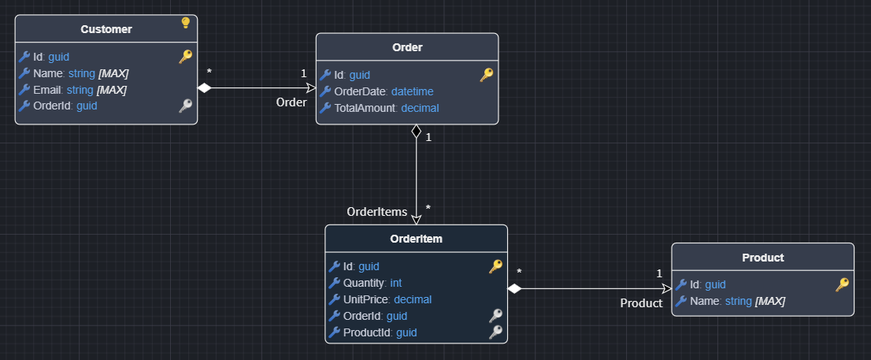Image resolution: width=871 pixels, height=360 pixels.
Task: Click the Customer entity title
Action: pos(106,30)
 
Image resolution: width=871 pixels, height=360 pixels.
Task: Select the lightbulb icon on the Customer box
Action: pos(186,23)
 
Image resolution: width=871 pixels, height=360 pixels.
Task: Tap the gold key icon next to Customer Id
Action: pos(185,57)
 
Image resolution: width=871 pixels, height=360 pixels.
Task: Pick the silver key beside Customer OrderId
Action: pos(185,106)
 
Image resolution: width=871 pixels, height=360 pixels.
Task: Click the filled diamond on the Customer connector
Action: pos(205,88)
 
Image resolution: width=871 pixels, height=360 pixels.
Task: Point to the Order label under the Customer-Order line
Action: pos(291,102)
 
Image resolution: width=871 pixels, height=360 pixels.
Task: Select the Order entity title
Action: pos(407,47)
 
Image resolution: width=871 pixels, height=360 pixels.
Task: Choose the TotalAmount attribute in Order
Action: pos(386,108)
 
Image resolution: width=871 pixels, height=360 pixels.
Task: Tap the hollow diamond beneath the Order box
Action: pos(416,132)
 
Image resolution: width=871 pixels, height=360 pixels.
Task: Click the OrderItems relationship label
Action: pos(377,212)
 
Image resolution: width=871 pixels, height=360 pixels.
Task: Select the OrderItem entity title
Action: pos(416,239)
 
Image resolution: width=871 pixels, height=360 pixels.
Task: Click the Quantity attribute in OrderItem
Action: pos(372,283)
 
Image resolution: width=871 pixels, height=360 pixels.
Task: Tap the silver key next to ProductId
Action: pos(495,332)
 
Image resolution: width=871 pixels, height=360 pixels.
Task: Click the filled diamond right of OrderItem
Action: pos(514,289)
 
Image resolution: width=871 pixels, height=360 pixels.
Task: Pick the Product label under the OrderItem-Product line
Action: pos(641,303)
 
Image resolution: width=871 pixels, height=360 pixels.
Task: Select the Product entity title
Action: pos(762,258)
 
